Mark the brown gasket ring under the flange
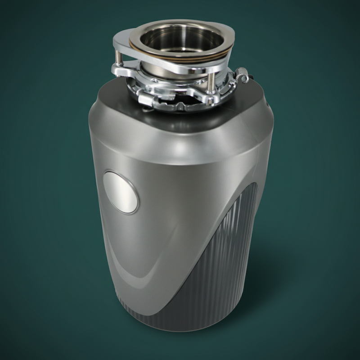coord(180,58)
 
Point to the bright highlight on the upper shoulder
coord(180,146)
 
